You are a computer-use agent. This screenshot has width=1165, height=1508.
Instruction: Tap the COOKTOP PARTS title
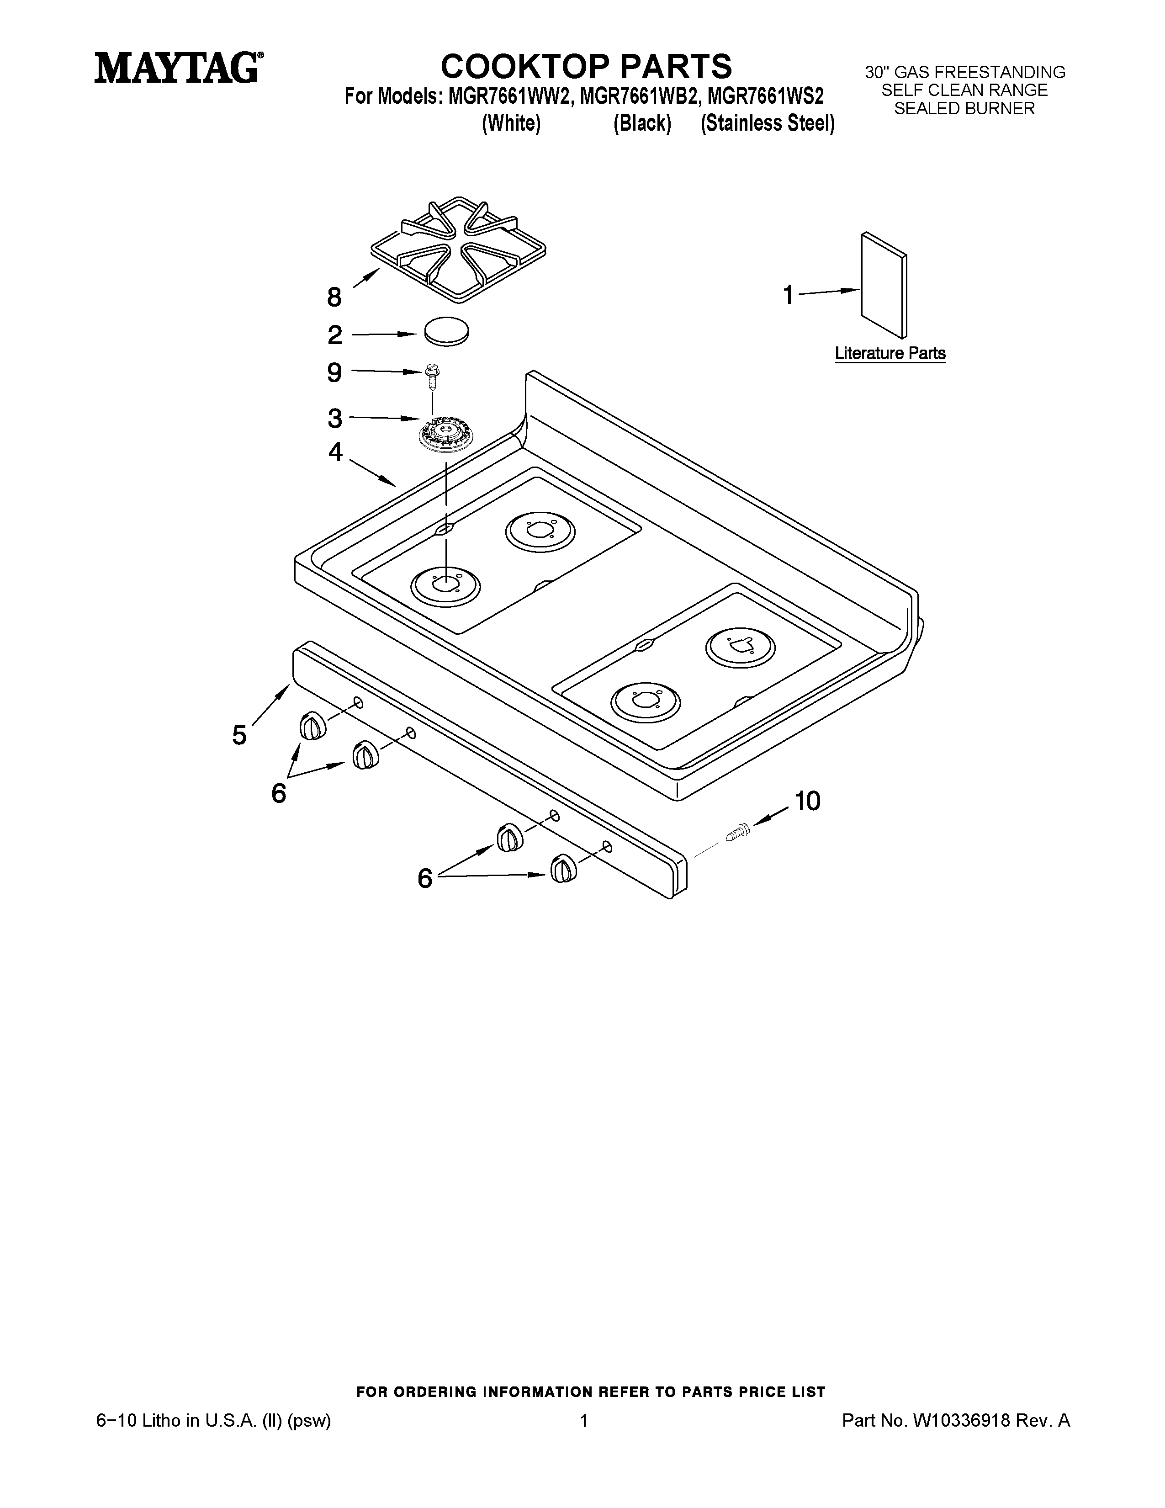(x=586, y=67)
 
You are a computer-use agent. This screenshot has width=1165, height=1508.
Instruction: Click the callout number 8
(x=334, y=297)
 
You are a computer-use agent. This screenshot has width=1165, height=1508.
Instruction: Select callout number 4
(x=335, y=452)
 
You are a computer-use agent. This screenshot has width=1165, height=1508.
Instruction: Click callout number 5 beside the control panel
(x=239, y=735)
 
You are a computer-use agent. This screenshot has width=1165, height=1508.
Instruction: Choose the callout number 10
(x=807, y=801)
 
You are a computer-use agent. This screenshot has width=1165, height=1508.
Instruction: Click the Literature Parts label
(x=890, y=354)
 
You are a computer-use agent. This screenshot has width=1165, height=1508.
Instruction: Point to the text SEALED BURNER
(x=964, y=108)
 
